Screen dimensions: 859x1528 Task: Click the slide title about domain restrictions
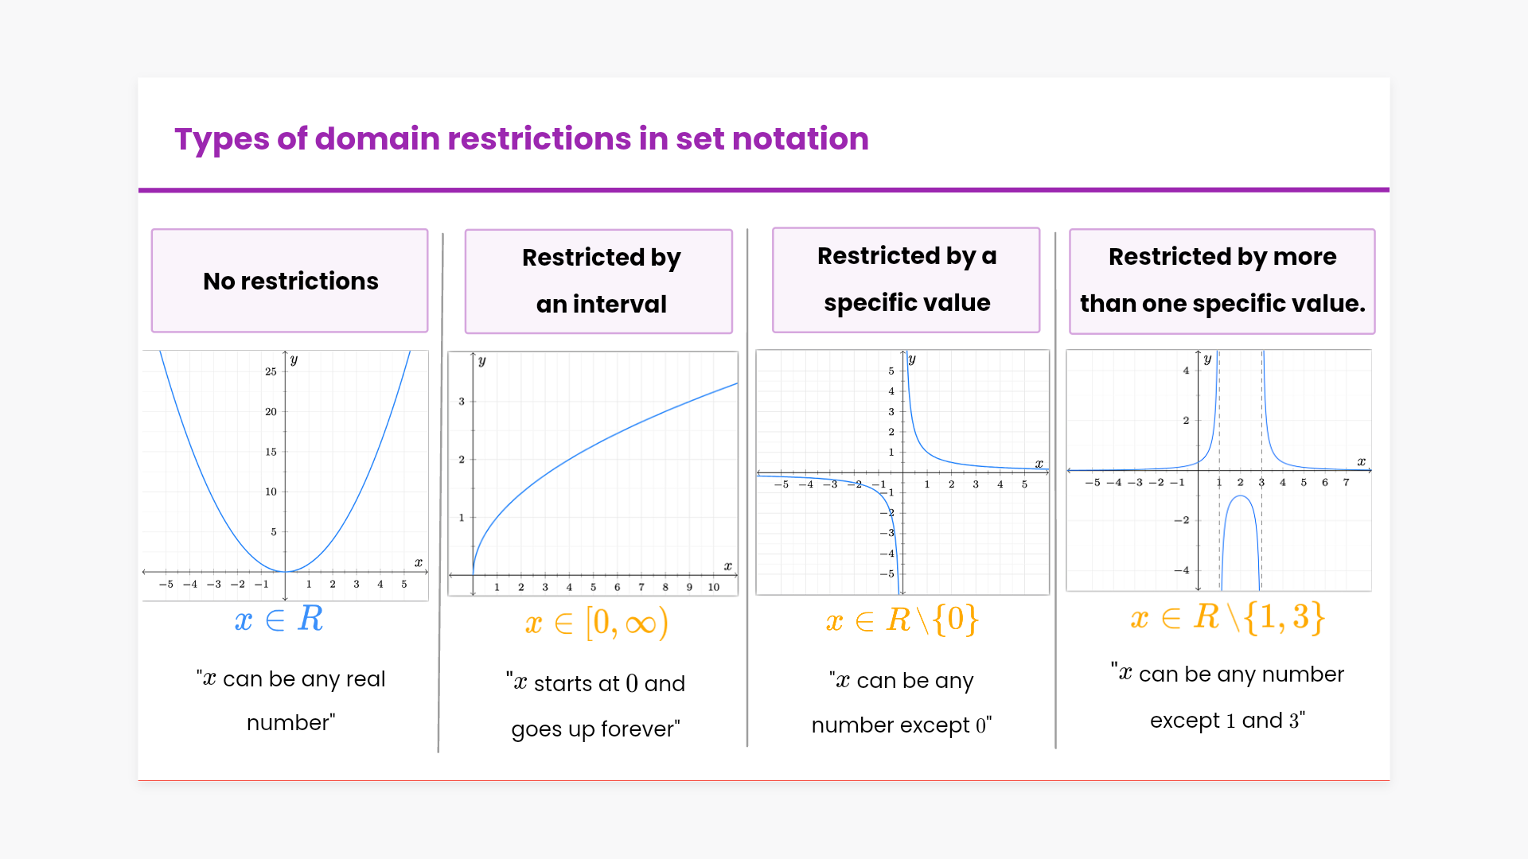tap(521, 139)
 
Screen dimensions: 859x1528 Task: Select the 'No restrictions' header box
tap(290, 281)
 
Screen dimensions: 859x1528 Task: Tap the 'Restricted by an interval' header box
tap(598, 281)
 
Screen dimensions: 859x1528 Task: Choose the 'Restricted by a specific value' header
tap(906, 279)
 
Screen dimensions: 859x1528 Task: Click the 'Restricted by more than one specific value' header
tap(1222, 281)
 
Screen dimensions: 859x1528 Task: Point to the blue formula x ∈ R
tap(279, 620)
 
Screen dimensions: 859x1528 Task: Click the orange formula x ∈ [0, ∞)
tap(596, 623)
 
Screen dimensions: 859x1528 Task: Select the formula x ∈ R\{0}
tap(902, 620)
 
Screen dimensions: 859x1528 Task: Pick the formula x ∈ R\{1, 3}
tap(1227, 618)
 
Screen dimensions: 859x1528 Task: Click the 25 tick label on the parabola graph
tap(271, 371)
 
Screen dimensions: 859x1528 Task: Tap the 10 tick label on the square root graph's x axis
tap(713, 588)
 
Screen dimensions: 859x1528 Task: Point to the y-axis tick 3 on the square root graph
tap(462, 402)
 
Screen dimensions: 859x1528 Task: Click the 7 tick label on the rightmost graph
tap(1346, 483)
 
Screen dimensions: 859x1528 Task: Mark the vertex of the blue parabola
tap(285, 571)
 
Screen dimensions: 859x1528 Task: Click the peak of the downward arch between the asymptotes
tap(1241, 496)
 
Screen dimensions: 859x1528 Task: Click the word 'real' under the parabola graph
tap(366, 679)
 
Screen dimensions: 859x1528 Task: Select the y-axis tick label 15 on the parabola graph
tap(271, 452)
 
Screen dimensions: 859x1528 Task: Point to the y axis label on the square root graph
tap(481, 361)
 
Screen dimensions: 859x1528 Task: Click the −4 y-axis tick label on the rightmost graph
tap(1182, 570)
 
